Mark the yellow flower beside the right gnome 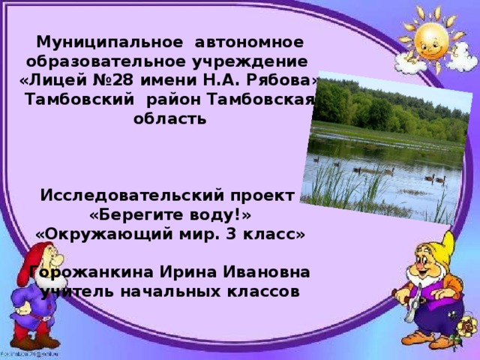[468, 327]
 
